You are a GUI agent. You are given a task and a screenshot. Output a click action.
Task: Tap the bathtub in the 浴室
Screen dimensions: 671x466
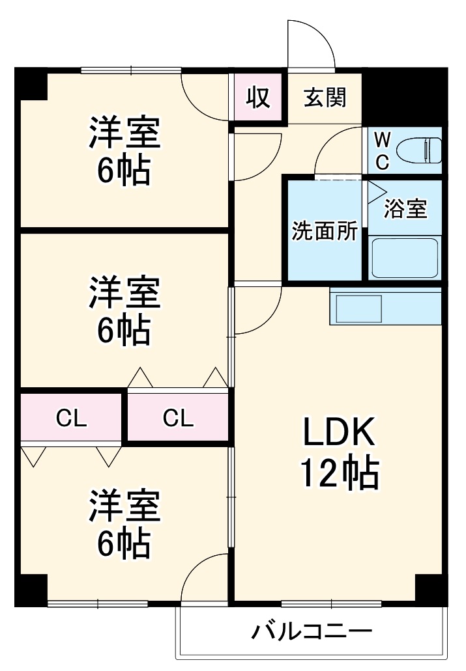coord(405,258)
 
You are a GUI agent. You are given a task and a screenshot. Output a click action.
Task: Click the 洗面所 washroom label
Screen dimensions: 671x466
coord(324,231)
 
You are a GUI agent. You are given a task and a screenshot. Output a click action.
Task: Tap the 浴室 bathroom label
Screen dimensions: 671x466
coord(405,208)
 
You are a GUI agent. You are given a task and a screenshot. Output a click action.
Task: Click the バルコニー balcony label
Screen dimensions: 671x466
coord(312,631)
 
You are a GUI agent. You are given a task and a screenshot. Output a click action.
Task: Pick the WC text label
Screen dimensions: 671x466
coord(383,151)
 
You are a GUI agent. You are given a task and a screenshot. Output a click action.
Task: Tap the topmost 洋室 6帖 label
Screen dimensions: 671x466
coord(124,152)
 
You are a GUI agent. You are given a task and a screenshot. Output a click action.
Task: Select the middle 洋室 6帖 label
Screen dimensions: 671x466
coord(124,310)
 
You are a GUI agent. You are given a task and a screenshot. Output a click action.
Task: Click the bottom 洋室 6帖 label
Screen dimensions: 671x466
coord(124,525)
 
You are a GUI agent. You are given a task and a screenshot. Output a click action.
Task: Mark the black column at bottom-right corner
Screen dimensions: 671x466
coord(431,590)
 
